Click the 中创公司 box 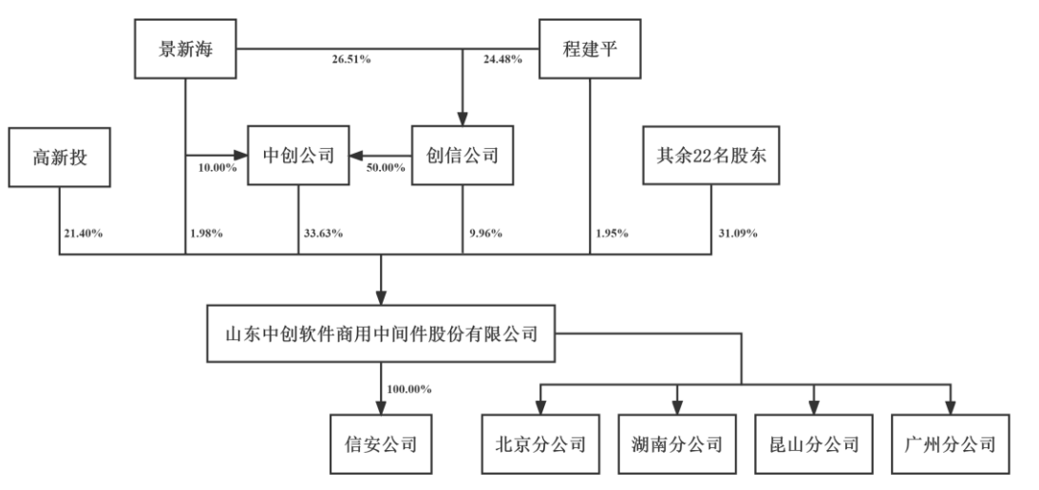pos(297,156)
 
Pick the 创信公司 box pos(462,156)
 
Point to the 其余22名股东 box pos(710,156)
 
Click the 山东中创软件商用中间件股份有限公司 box pos(380,334)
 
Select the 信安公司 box pos(380,443)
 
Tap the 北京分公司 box pos(539,443)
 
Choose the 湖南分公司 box pos(676,443)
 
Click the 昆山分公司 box pos(813,443)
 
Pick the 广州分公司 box pos(948,443)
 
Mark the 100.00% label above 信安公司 pos(409,388)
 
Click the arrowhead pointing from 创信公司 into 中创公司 pos(354,156)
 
